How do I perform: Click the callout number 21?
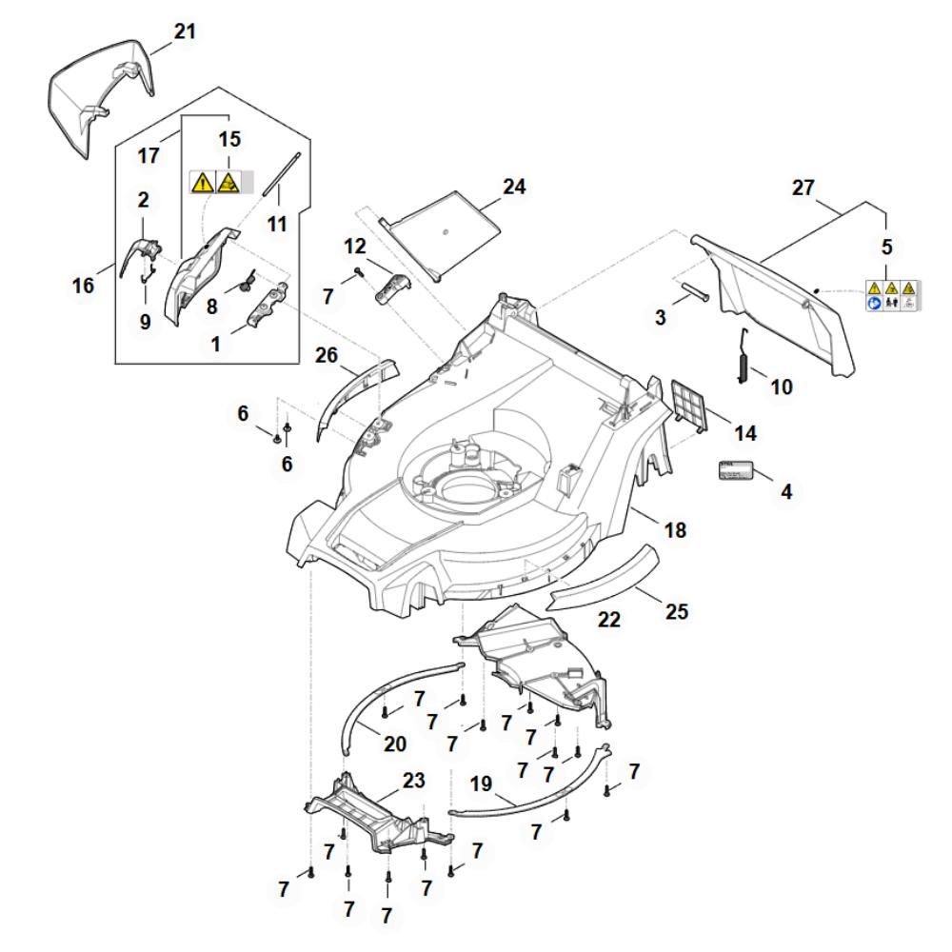click(x=184, y=31)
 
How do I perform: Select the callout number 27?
click(x=803, y=188)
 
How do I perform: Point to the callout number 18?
click(x=674, y=530)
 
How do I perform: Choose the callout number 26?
click(x=327, y=355)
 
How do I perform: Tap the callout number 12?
click(x=354, y=247)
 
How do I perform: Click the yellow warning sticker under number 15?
click(x=214, y=181)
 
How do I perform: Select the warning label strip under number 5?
click(x=891, y=294)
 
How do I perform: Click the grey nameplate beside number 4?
click(x=736, y=471)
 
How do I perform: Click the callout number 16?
click(x=83, y=285)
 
